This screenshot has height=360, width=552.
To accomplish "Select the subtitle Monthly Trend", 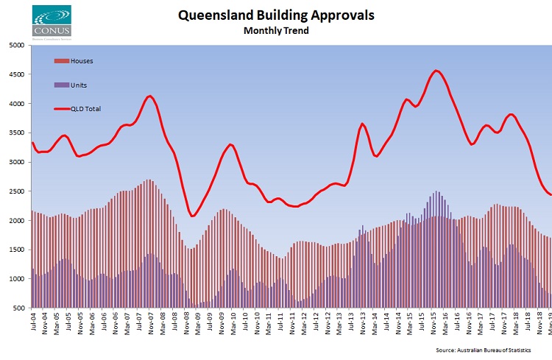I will point(276,31).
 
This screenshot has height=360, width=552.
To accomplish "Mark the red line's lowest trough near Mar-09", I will point(193,216).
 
